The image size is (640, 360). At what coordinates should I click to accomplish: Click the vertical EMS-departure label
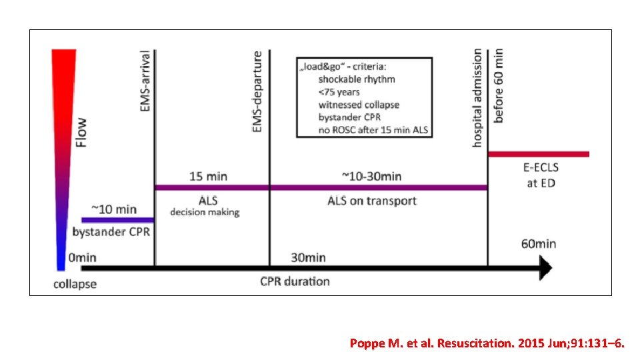click(257, 92)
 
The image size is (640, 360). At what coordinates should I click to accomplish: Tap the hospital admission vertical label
click(478, 97)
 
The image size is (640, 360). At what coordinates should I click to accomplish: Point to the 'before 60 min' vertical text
click(499, 84)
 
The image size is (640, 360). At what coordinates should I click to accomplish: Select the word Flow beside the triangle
click(81, 133)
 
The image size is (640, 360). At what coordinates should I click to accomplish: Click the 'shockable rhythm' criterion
click(356, 79)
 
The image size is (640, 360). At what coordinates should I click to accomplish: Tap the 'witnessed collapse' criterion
click(359, 105)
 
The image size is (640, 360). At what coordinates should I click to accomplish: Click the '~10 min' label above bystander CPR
click(114, 210)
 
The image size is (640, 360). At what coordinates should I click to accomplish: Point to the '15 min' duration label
click(207, 177)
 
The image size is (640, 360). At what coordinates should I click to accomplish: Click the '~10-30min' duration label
click(371, 177)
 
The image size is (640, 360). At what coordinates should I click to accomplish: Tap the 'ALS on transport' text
click(371, 201)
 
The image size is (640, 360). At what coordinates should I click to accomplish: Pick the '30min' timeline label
click(307, 257)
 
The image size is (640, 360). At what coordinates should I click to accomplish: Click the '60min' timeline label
click(537, 243)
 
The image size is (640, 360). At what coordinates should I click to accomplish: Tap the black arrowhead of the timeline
click(545, 269)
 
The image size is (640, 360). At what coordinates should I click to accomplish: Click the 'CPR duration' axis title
click(295, 281)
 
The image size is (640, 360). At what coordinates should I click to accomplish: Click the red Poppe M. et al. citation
click(487, 343)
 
